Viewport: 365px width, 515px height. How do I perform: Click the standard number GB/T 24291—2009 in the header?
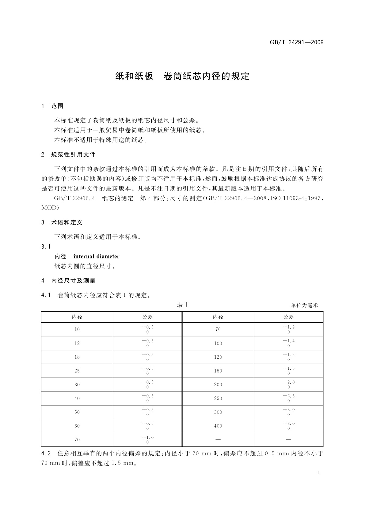coord(296,43)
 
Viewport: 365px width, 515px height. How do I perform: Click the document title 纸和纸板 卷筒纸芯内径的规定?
coord(182,76)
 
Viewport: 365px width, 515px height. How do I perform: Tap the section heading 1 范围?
coord(52,106)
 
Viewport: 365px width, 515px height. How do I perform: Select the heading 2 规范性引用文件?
coord(68,155)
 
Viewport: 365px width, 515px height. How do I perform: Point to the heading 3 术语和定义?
coord(62,223)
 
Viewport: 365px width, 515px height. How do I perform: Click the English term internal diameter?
coord(96,257)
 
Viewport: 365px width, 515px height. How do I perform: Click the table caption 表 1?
coord(182,305)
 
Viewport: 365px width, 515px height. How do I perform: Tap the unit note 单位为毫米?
coord(304,305)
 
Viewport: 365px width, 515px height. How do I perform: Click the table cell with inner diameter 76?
coord(218,329)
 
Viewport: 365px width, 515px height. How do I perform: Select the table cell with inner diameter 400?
coord(218,426)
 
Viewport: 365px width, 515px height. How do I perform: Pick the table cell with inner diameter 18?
coord(77,357)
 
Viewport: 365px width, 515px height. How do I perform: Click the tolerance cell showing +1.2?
coord(289,329)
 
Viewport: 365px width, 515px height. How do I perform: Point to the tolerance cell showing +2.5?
coord(289,398)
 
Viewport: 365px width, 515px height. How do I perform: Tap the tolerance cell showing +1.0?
coord(147,440)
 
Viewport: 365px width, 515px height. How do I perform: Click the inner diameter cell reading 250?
coord(218,398)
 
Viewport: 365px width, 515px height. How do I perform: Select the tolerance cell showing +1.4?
coord(289,343)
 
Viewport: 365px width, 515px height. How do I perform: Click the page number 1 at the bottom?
coord(318,473)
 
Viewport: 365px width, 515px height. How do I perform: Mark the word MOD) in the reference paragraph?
coord(50,208)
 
